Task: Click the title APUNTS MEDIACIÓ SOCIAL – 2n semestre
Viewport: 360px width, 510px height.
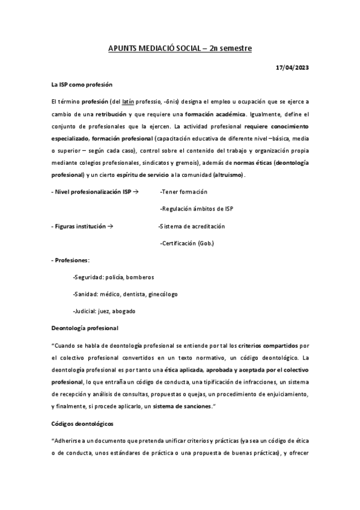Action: point(179,49)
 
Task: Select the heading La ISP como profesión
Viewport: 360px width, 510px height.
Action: point(82,85)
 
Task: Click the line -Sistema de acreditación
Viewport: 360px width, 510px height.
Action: point(191,226)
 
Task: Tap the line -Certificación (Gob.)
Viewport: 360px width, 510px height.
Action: point(187,243)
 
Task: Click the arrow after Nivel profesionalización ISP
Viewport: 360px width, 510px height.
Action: point(135,191)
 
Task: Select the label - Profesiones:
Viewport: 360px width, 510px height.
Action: point(71,260)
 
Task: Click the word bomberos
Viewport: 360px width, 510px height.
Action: point(140,277)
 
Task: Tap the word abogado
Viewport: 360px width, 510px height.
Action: point(124,311)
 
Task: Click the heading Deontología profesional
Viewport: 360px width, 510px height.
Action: point(85,328)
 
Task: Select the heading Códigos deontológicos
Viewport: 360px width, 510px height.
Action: point(84,424)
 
